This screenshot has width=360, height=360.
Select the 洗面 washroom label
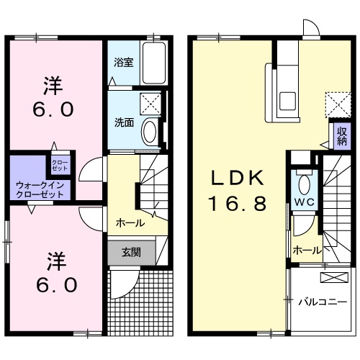point(124,122)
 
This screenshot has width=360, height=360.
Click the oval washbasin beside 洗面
point(150,132)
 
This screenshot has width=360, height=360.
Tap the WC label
point(303,202)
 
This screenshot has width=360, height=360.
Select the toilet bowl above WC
point(303,181)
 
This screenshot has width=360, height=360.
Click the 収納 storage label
point(340,137)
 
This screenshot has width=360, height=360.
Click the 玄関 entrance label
point(130,253)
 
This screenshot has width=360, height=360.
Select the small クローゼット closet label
point(59,165)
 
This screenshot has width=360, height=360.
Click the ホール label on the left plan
point(130,223)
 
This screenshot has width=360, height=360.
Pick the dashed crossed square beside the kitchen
point(336,102)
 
